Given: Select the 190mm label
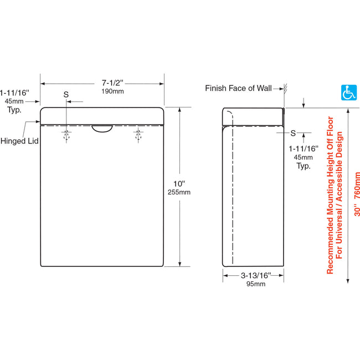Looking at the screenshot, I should [x=102, y=91].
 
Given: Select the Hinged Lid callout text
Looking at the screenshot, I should [x=19, y=141].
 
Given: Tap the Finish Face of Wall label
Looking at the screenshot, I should [x=239, y=88].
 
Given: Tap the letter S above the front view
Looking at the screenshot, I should [x=66, y=95].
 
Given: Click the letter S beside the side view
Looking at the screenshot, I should [x=293, y=133].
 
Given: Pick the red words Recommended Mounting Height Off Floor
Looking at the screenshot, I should [x=330, y=194].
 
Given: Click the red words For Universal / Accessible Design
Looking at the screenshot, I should [x=340, y=194].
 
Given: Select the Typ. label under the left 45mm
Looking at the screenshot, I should [x=14, y=111].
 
